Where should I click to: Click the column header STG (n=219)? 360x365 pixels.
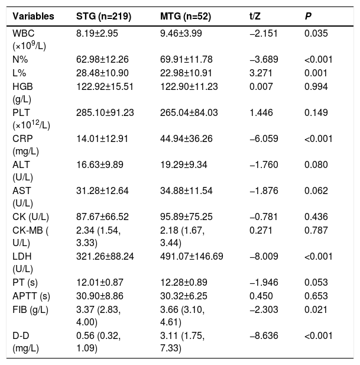pos(103,17)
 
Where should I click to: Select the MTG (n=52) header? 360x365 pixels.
pos(186,17)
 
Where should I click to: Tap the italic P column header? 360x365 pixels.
pos(308,17)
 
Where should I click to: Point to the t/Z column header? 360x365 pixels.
pos(255,17)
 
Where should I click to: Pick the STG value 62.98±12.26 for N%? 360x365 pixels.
pos(102,59)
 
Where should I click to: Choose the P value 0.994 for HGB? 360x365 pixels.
pos(316,86)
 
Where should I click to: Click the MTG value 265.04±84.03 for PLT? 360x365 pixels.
pos(189,112)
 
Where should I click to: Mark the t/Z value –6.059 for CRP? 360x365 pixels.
pos(264,139)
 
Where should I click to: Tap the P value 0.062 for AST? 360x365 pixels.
pos(316,191)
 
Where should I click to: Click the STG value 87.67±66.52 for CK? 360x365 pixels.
pos(102,217)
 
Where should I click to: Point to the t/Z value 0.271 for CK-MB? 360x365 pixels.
pos(261,231)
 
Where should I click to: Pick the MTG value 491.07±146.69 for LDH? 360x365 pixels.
pos(192,257)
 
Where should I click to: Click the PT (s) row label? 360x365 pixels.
pos(25,283)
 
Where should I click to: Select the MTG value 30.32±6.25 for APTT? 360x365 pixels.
pos(183,296)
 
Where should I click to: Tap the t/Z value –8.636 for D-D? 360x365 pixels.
pos(264,335)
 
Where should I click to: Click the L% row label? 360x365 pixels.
pos(20,73)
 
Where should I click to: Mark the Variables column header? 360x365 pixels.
pos(33,17)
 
